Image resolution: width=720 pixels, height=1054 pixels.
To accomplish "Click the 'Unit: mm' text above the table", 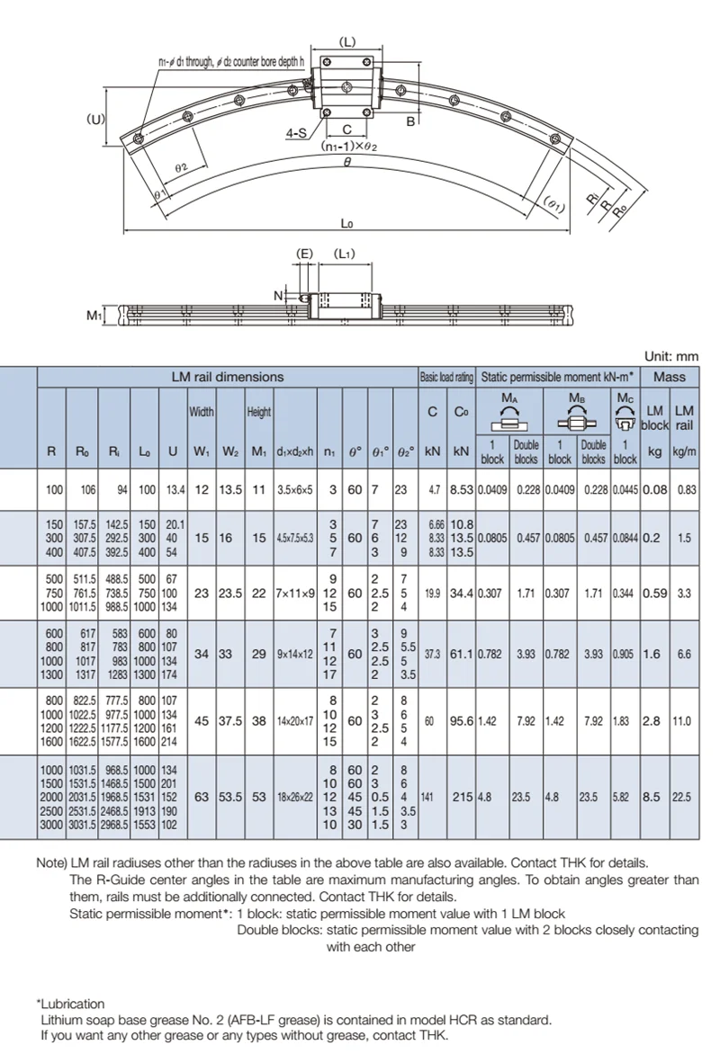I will point(672,356).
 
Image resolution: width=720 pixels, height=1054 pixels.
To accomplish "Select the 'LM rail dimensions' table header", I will point(228,377).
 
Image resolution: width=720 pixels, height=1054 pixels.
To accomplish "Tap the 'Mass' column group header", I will point(670,377).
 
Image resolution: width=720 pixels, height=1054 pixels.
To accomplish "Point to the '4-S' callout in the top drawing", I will point(295,133).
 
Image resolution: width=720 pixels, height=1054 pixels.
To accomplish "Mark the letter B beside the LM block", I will point(409,121).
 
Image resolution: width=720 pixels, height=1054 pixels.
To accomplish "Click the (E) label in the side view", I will point(304,254).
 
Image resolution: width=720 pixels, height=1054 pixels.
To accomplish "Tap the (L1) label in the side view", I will point(344,254).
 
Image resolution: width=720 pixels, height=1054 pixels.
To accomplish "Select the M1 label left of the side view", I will point(93,314).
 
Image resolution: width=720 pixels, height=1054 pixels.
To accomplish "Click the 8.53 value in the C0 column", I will point(462,489).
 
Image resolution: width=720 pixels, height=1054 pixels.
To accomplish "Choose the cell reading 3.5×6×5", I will point(294,489).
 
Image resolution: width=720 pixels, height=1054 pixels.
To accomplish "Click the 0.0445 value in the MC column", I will point(625,489).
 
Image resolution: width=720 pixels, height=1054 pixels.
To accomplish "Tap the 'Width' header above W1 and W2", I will point(201,412).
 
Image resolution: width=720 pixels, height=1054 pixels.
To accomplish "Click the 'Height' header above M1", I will point(259,412).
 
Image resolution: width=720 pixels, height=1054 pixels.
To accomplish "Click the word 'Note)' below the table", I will point(51,862).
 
